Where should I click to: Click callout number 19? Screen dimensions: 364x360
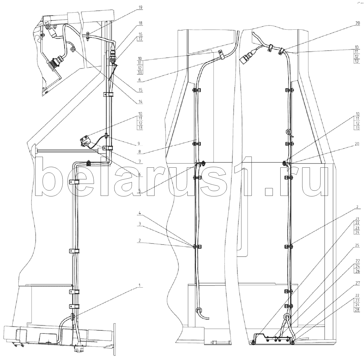point(140,8)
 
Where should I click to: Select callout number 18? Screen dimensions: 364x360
point(140,23)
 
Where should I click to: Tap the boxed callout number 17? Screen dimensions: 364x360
point(140,39)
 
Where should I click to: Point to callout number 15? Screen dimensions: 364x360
point(140,90)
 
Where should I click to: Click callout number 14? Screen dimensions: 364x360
point(140,102)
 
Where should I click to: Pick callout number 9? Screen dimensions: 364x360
point(139,144)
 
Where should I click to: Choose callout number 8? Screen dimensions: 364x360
point(140,152)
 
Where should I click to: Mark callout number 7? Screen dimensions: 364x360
point(140,161)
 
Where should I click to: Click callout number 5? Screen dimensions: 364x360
point(140,191)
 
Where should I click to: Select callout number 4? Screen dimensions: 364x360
point(140,213)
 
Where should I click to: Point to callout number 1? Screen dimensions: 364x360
point(140,285)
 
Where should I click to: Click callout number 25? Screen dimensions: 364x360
point(357,245)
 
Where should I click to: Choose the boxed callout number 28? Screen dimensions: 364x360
point(357,310)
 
